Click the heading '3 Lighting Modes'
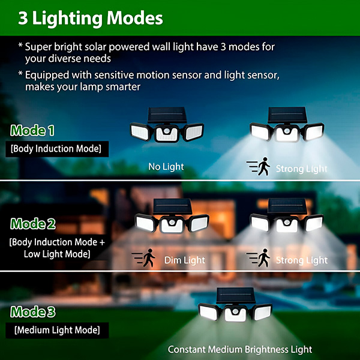click(90, 19)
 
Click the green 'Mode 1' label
click(32, 130)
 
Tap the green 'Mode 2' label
click(33, 224)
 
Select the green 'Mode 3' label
click(33, 312)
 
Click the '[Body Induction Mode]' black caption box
click(57, 149)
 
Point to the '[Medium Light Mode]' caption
click(57, 330)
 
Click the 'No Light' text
click(166, 167)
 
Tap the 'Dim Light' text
click(185, 260)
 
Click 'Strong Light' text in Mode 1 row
click(301, 169)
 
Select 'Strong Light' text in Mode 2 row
click(302, 260)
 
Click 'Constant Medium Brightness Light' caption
click(240, 349)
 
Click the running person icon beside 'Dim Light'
click(149, 258)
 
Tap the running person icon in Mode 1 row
click(263, 166)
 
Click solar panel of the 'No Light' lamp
click(167, 115)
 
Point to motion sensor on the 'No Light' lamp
click(167, 131)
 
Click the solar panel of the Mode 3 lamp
click(236, 295)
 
